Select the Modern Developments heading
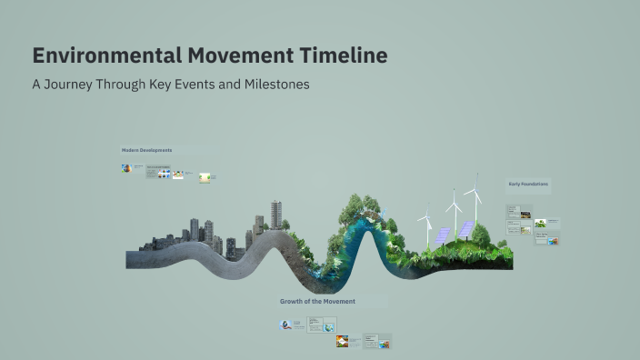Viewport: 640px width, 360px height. pyautogui.click(x=146, y=150)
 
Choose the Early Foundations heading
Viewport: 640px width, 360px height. pyautogui.click(x=527, y=185)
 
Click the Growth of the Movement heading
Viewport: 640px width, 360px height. pyautogui.click(x=317, y=301)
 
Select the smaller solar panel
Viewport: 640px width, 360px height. pyautogui.click(x=442, y=235)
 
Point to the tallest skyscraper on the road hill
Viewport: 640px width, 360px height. pyautogui.click(x=275, y=215)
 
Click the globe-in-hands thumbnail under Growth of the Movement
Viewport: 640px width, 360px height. pyautogui.click(x=286, y=325)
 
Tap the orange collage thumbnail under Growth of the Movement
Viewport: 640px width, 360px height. pyautogui.click(x=342, y=341)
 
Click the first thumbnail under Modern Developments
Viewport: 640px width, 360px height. pyautogui.click(x=126, y=168)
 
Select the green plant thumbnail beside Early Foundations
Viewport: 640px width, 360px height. pyautogui.click(x=540, y=223)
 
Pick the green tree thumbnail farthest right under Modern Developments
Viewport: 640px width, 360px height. pyautogui.click(x=206, y=177)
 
